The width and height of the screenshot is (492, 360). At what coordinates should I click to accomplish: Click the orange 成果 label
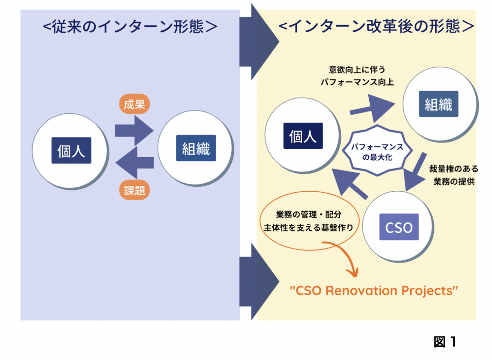tap(134, 104)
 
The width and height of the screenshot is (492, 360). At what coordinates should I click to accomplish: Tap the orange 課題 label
tap(134, 190)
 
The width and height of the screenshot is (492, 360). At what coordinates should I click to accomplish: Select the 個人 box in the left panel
tap(71, 150)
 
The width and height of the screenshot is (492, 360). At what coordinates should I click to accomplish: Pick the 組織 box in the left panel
tap(196, 148)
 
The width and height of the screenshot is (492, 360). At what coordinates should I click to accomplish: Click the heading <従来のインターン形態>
tap(130, 27)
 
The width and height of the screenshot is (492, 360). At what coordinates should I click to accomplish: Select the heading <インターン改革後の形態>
tap(376, 26)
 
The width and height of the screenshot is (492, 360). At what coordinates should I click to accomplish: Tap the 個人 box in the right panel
tap(303, 136)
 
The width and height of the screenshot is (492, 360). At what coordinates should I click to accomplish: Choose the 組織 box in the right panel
tap(438, 104)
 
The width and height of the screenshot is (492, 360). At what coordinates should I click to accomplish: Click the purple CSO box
tap(399, 227)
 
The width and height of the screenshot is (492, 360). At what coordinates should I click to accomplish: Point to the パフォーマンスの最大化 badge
tap(377, 151)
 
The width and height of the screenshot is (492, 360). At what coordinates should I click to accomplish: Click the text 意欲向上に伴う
tap(357, 70)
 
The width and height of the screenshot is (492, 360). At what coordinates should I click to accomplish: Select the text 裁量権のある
tap(453, 169)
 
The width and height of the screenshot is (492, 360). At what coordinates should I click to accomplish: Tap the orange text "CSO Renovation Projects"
tap(373, 291)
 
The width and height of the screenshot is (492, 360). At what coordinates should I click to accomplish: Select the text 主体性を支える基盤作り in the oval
tap(308, 228)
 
